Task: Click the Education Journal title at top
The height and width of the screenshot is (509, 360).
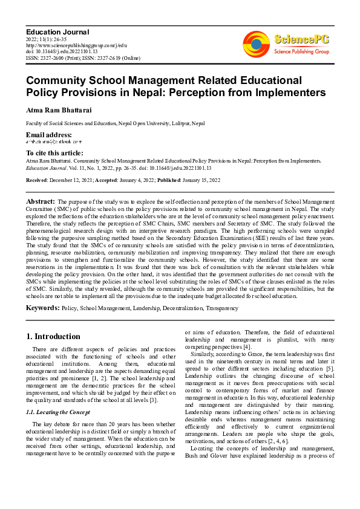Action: coord(57,31)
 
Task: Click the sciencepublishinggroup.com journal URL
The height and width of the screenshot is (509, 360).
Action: coord(76,45)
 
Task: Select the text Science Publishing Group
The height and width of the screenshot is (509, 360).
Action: coord(301,52)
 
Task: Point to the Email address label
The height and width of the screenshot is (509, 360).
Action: coord(48,134)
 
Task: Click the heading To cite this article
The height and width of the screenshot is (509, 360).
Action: coord(54,153)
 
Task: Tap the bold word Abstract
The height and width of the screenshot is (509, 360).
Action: coord(41,201)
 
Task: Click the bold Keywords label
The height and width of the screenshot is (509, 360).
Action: coord(42,308)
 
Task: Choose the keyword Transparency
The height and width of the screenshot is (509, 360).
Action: coord(222,308)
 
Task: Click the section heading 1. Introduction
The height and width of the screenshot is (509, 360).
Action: coord(53,336)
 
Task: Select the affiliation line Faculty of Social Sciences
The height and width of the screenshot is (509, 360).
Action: coord(115,123)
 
